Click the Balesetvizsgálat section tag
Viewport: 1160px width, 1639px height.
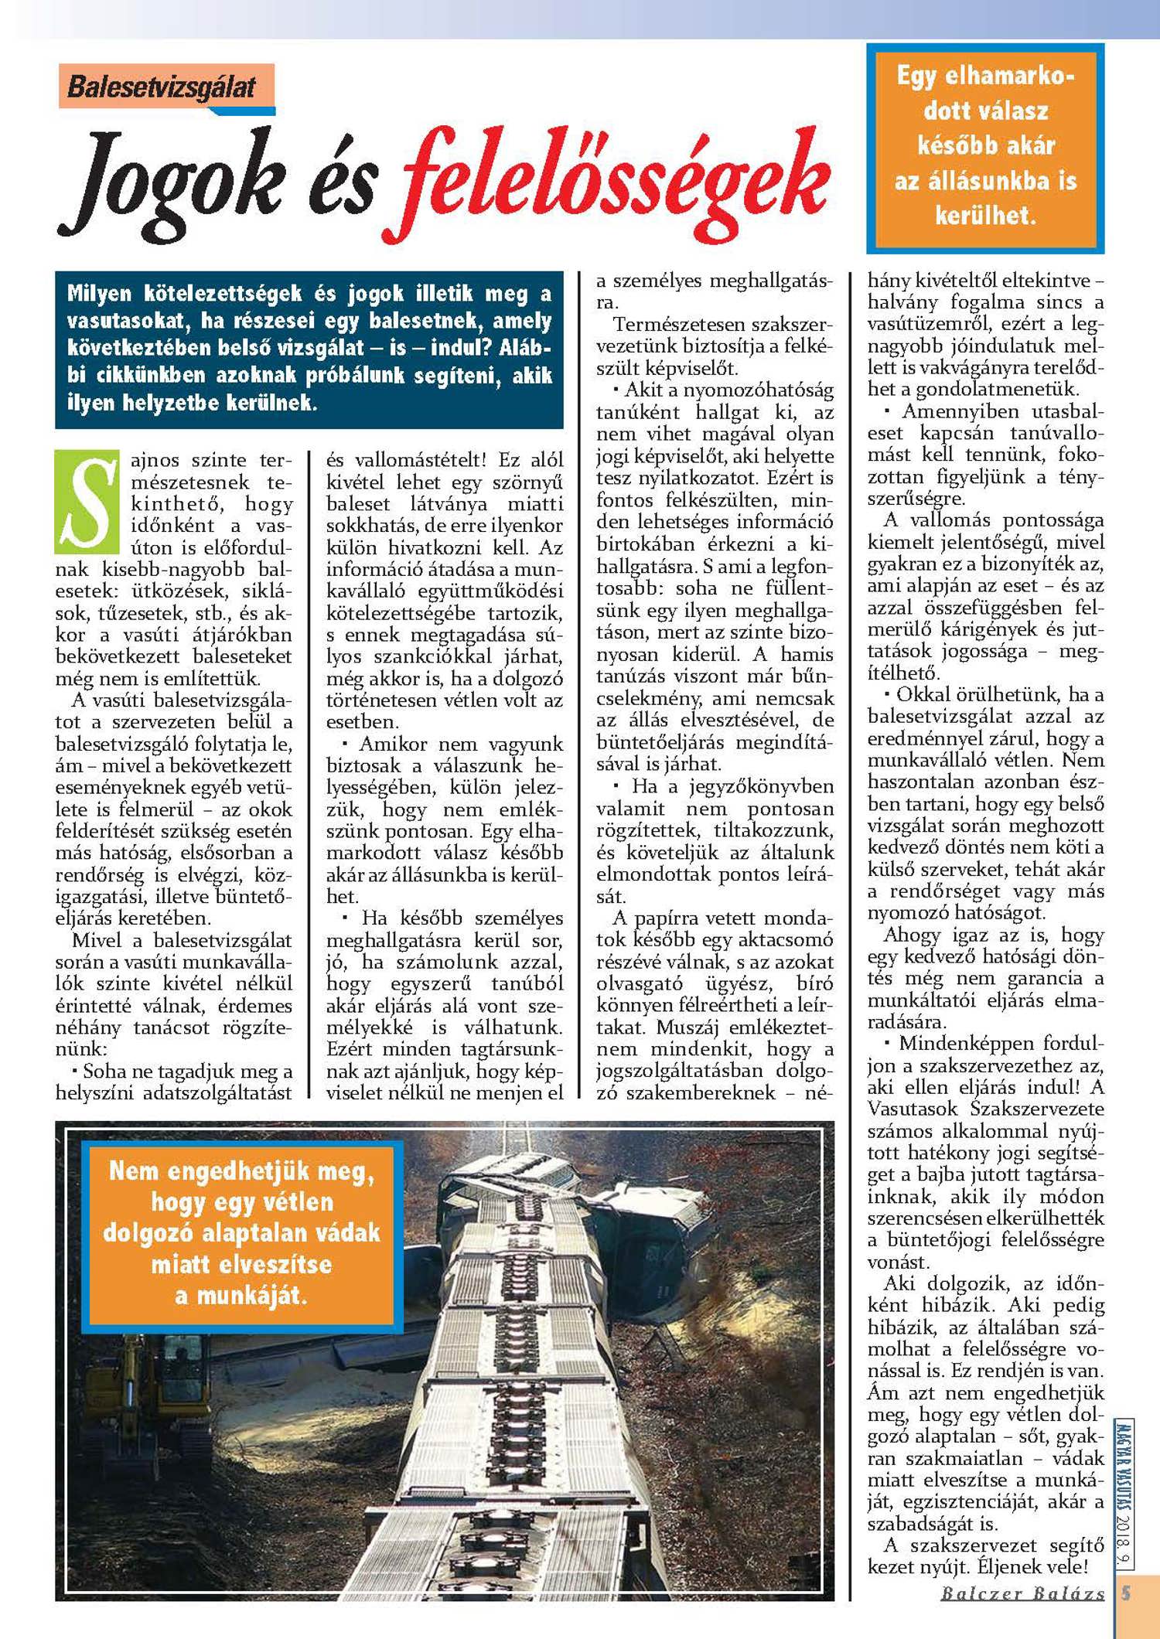[x=162, y=87]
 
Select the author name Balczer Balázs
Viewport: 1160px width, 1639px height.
[x=1022, y=1593]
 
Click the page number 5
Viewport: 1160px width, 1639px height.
[x=1126, y=1593]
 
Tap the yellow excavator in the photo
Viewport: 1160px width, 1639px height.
[x=147, y=1392]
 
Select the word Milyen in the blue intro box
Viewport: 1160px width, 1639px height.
[x=99, y=294]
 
